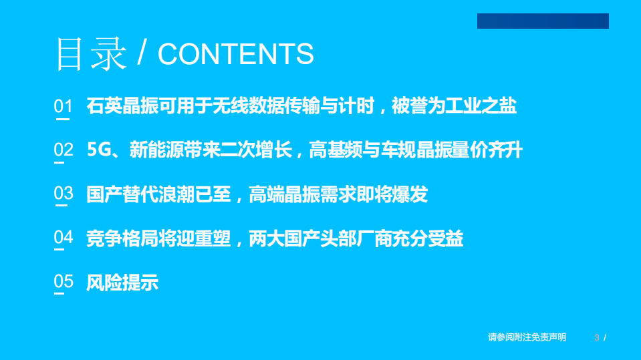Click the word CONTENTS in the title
point(235,54)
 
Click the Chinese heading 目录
point(90,53)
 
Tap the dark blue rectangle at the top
point(543,21)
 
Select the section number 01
point(63,106)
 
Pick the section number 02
point(63,150)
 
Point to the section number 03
point(63,194)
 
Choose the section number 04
point(63,237)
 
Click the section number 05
point(63,281)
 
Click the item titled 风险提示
point(122,282)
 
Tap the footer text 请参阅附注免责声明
point(527,337)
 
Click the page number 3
point(596,337)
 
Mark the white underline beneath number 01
point(63,120)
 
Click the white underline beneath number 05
point(63,295)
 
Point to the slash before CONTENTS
point(142,53)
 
